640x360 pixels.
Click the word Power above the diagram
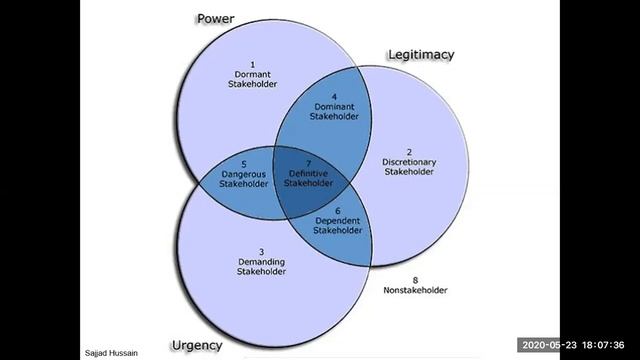[215, 18]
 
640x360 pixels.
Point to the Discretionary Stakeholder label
[409, 166]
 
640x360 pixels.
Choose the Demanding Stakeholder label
[261, 266]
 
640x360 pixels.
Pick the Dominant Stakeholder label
[319, 110]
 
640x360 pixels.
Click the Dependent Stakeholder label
[337, 224]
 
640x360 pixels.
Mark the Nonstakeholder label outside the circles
[415, 290]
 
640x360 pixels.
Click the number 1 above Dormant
[254, 64]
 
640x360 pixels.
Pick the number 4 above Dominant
[320, 96]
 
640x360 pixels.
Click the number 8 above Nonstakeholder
[414, 279]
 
